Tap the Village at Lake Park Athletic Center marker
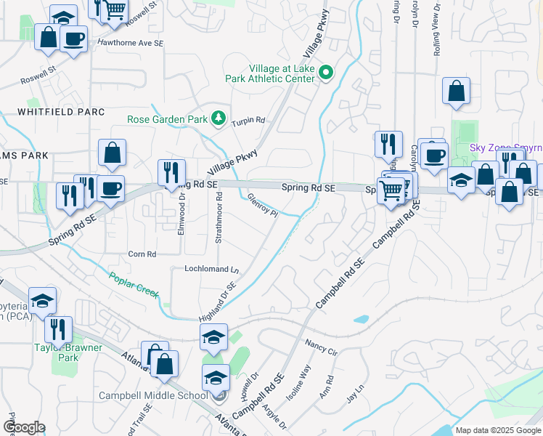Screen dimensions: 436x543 tap(326, 72)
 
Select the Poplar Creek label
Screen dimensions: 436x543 tap(134, 284)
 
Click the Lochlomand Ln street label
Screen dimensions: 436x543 tap(212, 269)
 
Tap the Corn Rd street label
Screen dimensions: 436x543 tap(142, 254)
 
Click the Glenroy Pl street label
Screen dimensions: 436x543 tap(263, 204)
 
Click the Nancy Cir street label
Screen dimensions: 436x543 tap(322, 346)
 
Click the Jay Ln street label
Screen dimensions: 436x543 tap(354, 398)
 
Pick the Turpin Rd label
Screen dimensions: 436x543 tap(248, 121)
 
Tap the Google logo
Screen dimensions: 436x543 tap(24, 427)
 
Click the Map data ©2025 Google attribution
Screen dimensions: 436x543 tap(497, 430)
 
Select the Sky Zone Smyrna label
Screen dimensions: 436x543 tap(506, 147)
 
